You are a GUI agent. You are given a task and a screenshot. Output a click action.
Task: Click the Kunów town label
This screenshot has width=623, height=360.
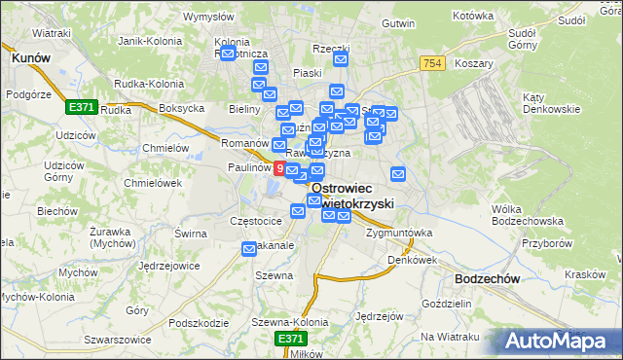click(x=30, y=58)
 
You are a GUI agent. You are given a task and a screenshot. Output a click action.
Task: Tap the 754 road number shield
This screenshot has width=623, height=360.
click(x=433, y=63)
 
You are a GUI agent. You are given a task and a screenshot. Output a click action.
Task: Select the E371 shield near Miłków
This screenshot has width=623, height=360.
click(x=289, y=338)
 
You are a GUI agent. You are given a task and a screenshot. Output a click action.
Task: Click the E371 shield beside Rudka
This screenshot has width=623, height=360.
click(x=81, y=107)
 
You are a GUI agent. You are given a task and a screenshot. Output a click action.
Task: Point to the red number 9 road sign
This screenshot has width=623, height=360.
click(x=280, y=168)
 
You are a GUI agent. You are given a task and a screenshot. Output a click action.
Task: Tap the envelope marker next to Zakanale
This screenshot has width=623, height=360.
click(x=249, y=250)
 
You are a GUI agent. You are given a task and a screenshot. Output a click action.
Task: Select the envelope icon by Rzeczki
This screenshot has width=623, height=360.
click(x=341, y=60)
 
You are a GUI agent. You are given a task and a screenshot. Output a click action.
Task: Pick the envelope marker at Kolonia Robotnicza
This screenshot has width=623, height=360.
click(x=228, y=54)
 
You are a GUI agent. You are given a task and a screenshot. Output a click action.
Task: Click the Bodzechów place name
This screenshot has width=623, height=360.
click(x=488, y=278)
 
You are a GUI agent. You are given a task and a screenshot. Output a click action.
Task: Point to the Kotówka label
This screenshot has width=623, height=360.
click(x=474, y=17)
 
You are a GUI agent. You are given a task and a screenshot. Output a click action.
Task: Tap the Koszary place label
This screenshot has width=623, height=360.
click(x=474, y=63)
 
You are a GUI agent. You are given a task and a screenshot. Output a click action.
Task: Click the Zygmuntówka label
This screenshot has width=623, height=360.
click(x=398, y=234)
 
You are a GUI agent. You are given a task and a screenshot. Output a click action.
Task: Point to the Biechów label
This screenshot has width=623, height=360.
click(x=56, y=211)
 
